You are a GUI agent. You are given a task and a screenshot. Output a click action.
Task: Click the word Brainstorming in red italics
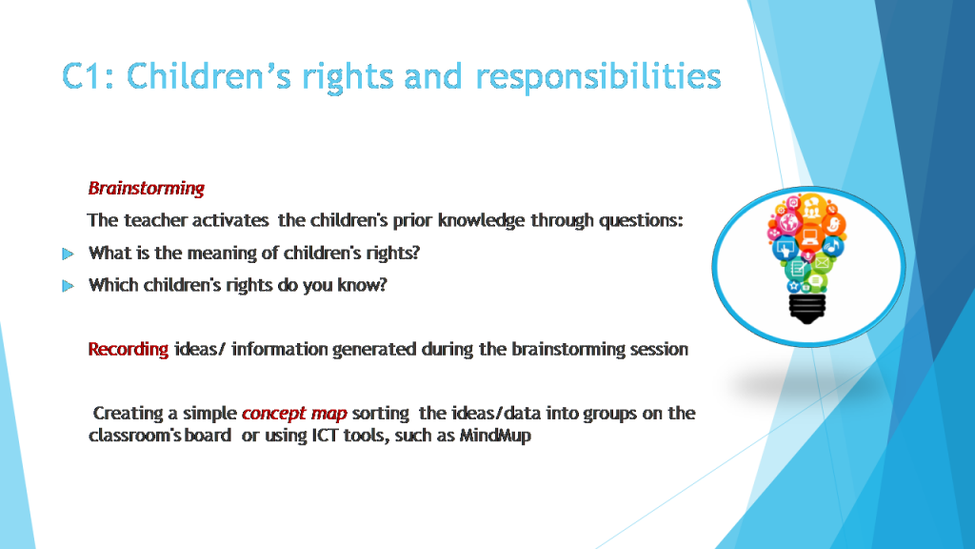coord(146,188)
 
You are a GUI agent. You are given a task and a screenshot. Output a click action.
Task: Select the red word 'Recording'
coord(128,349)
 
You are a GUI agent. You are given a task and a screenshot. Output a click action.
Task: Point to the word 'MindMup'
coord(495,437)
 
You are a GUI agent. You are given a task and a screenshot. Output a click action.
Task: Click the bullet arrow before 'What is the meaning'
coord(67,254)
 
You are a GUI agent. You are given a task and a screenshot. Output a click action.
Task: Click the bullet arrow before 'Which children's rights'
coord(67,286)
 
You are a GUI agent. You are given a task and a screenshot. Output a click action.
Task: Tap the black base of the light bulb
coord(807,306)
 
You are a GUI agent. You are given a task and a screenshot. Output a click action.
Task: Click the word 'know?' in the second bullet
coord(362,285)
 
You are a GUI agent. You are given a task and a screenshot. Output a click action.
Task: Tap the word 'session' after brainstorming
coord(660,349)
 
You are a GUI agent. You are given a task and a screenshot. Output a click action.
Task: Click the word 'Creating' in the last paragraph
coord(127,414)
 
